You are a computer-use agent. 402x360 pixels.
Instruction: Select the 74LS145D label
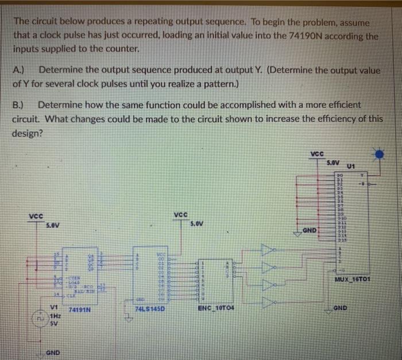150,309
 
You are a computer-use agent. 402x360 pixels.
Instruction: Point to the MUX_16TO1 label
353,280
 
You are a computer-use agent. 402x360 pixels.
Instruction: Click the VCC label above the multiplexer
317,154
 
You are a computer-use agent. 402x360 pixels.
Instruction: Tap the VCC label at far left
36,216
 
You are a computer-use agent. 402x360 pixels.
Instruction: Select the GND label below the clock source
53,351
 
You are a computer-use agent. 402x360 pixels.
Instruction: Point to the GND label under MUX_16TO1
340,308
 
